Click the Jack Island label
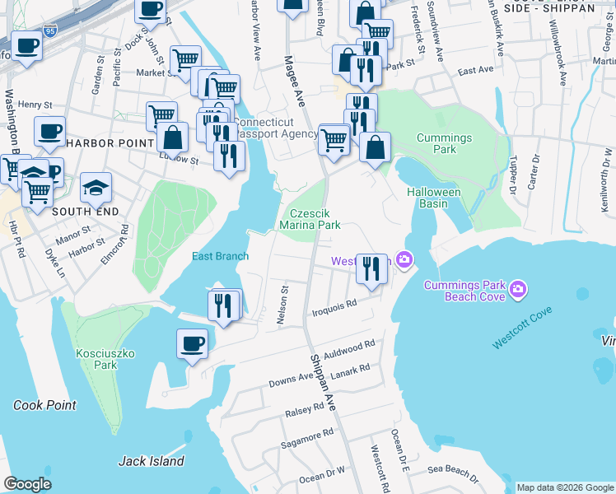tap(152, 461)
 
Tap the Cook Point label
tap(44, 405)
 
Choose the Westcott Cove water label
tap(522, 329)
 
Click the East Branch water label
tap(220, 256)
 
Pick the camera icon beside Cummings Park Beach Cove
tap(518, 288)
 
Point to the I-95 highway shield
tap(51, 31)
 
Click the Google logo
tap(28, 484)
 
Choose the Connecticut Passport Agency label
tap(276, 127)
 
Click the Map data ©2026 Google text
tap(564, 487)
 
